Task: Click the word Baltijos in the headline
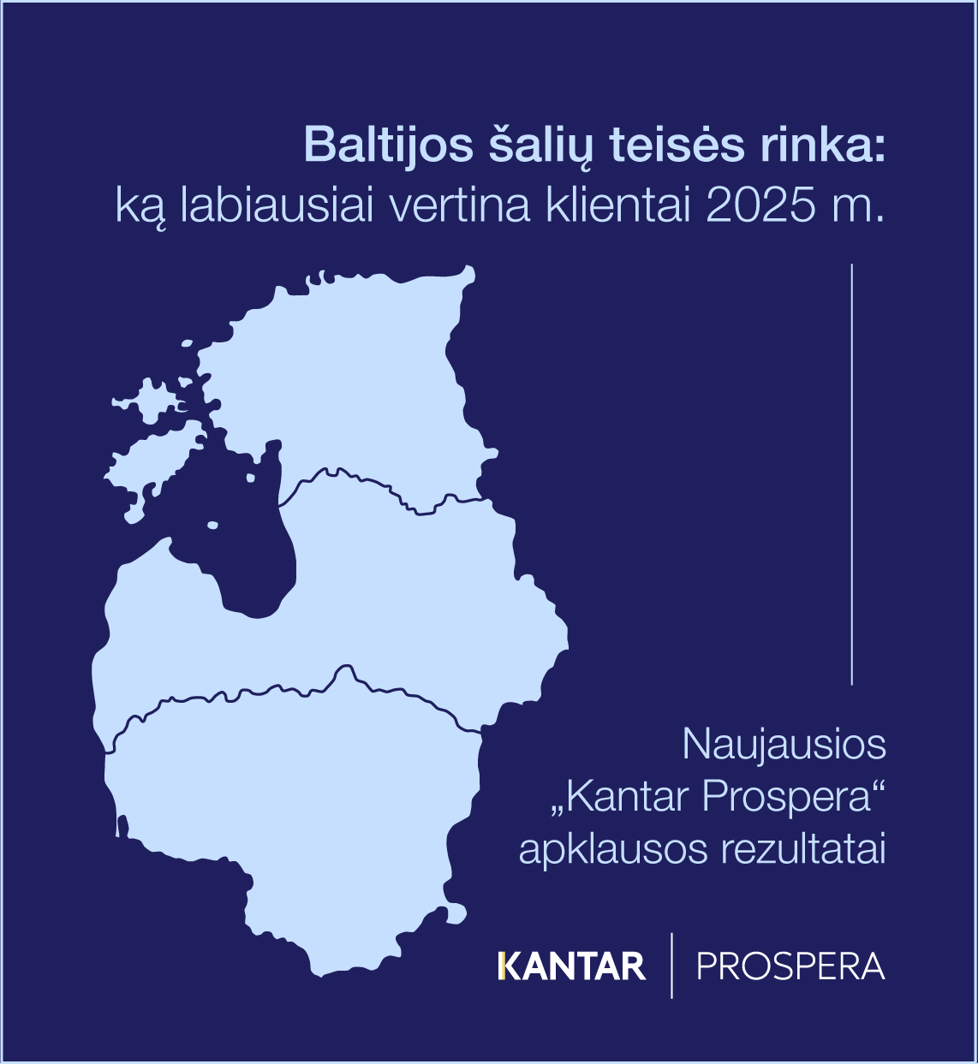click(x=387, y=146)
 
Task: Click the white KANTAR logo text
click(x=572, y=967)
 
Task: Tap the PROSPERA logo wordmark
click(x=790, y=967)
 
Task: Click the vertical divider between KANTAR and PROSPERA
click(x=671, y=966)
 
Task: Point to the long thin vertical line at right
click(x=852, y=474)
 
